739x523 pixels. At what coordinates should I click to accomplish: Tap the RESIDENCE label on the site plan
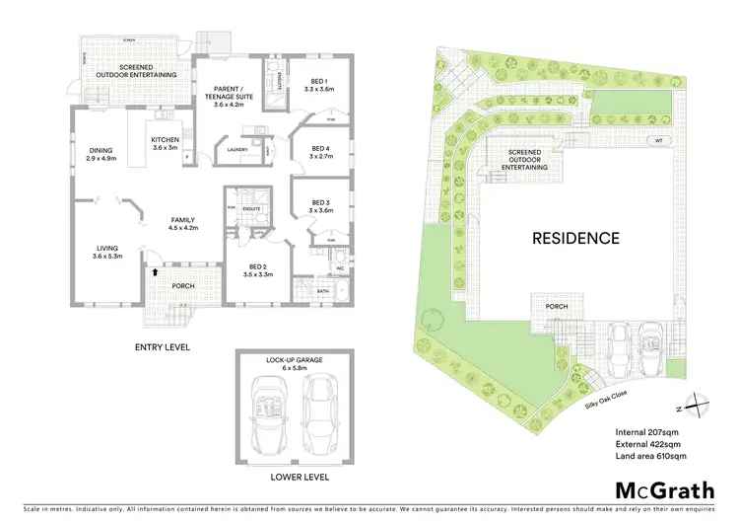coord(575,238)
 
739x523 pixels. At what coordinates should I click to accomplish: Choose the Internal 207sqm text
coord(645,431)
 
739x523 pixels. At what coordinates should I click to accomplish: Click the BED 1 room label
coord(316,85)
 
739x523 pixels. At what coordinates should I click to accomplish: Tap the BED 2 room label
coord(259,270)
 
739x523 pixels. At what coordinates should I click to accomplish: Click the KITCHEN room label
coord(165,143)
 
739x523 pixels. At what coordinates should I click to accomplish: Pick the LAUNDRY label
coord(235,150)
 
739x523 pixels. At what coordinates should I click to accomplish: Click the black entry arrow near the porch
coord(153,271)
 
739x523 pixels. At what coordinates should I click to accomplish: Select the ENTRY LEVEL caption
coord(163,347)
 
